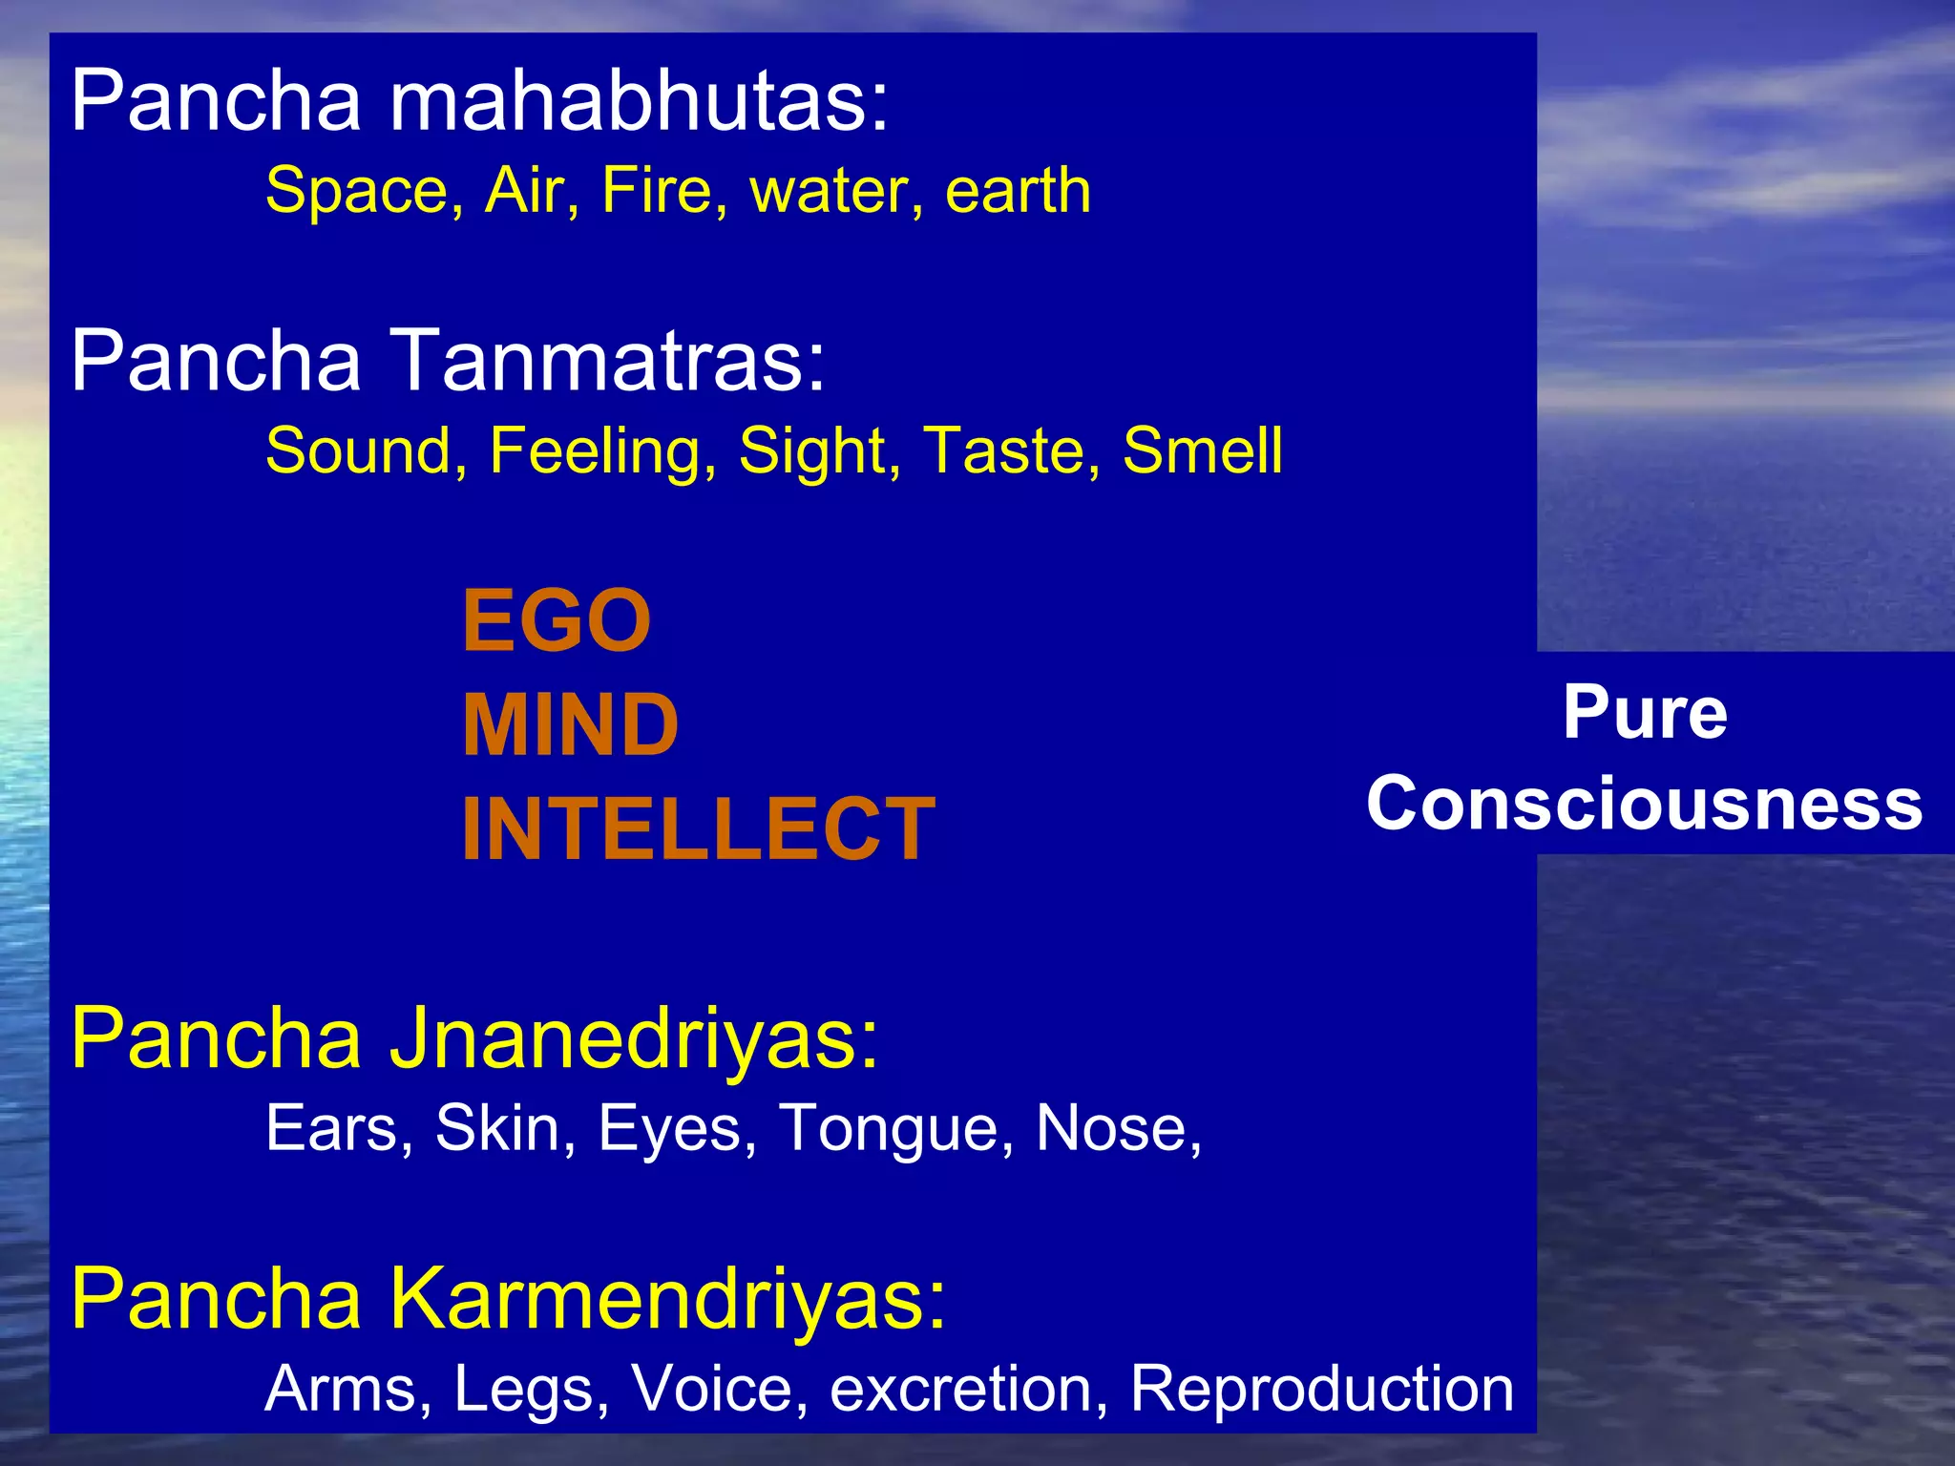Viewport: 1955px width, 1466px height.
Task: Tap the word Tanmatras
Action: (609, 361)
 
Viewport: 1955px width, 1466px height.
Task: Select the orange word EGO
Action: (557, 621)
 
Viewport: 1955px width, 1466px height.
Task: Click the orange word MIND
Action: (570, 725)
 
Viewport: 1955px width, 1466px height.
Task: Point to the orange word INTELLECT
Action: (698, 829)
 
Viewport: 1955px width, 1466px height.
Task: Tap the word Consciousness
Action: (1645, 804)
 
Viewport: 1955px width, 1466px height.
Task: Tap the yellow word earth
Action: (1018, 191)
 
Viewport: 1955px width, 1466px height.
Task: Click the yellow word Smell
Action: (1202, 450)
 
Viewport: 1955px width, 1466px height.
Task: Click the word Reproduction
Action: (1322, 1389)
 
